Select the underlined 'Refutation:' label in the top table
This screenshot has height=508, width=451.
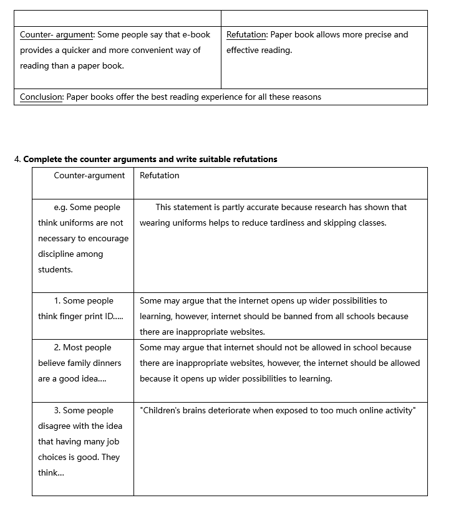[x=246, y=35]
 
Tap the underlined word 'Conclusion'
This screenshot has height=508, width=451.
[x=41, y=97]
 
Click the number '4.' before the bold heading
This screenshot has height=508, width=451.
[x=17, y=160]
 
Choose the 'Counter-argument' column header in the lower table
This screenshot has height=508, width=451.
[x=89, y=176]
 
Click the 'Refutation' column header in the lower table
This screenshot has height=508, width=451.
[x=159, y=176]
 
